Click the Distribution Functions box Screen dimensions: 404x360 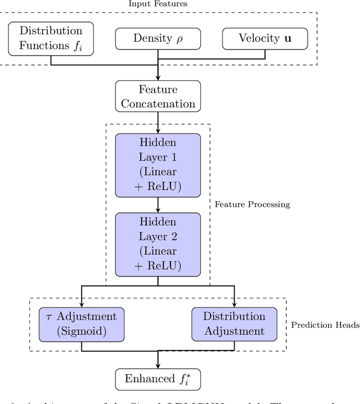[x=51, y=39]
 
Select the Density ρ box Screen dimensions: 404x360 [x=157, y=39]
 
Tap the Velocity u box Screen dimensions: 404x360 [x=265, y=39]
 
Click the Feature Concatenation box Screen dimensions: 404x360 [x=157, y=97]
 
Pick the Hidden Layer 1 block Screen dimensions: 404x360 [x=157, y=165]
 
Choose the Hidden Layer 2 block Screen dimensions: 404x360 [x=157, y=244]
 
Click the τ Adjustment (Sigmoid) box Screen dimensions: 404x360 [x=82, y=324]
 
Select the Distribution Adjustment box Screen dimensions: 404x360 [x=234, y=324]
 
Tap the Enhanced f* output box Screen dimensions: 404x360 [x=157, y=378]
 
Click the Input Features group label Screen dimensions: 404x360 [x=157, y=4]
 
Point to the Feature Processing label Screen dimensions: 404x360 [x=252, y=205]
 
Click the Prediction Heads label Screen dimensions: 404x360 [x=325, y=325]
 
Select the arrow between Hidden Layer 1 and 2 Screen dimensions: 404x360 [x=157, y=205]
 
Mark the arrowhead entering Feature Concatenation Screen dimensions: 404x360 [x=157, y=78]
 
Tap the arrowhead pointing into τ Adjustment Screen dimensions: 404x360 [x=82, y=304]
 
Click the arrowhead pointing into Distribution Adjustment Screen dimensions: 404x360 [x=234, y=304]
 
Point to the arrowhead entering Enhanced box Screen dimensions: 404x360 [x=157, y=365]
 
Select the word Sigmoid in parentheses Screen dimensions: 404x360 [x=82, y=332]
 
